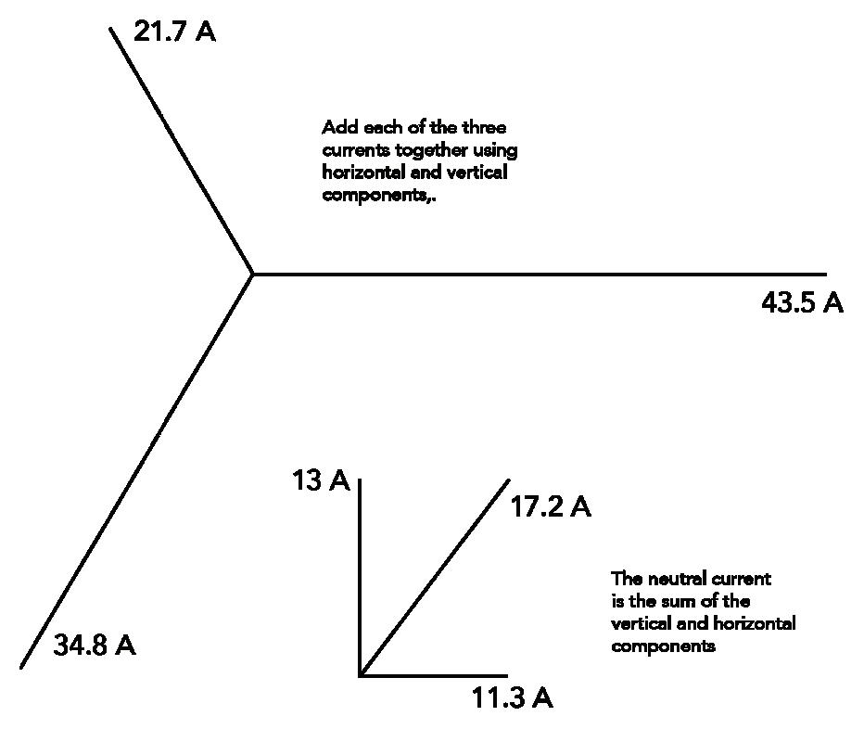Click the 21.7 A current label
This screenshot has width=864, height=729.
coord(174,32)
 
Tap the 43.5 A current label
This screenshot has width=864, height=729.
coord(802,303)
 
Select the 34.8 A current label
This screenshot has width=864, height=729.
coord(95,646)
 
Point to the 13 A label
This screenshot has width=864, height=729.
coord(320,481)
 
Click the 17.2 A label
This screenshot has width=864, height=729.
coord(551,507)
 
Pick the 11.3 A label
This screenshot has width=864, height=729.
coord(513,698)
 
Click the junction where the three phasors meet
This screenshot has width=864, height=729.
coord(253,274)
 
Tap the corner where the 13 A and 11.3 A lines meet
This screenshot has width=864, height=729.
coord(360,675)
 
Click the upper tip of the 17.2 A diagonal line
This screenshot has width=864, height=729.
coord(509,480)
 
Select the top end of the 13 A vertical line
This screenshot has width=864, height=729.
coord(360,480)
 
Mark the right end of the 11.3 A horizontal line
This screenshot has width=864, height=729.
coord(507,675)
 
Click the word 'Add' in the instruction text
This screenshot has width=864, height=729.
coord(336,128)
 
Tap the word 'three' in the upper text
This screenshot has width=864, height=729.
coord(484,128)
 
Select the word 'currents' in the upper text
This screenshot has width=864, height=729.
coord(354,150)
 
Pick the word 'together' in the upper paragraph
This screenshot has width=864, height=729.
coord(424,150)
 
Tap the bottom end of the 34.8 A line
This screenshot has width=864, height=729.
coord(21,666)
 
